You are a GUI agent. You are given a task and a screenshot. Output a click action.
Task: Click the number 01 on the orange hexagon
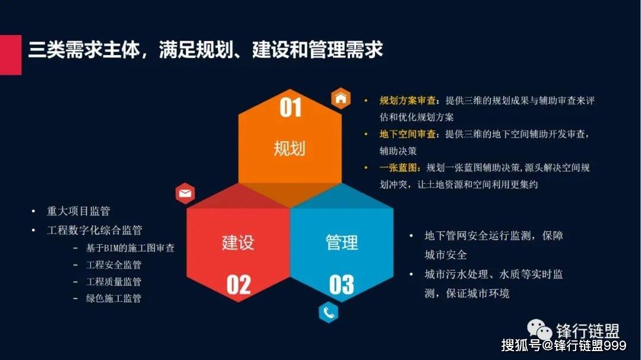pos(290,109)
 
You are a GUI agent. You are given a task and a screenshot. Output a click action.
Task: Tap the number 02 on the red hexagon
pos(238,285)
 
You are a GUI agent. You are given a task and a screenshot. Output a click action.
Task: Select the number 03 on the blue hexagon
pos(341,285)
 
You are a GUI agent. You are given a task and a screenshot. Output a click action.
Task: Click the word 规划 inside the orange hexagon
pos(290,148)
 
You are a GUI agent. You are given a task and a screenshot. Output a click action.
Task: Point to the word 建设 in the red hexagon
pos(238,242)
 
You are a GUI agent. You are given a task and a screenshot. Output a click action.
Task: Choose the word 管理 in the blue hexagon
pos(342,242)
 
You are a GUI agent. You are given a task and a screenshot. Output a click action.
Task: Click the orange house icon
pos(341,98)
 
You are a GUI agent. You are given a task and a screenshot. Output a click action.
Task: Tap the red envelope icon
pos(185,193)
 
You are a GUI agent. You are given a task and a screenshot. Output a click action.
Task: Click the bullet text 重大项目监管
pos(78,211)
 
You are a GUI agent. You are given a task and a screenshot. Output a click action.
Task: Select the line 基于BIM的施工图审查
pos(130,248)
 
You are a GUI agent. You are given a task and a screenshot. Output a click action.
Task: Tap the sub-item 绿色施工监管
pos(114,298)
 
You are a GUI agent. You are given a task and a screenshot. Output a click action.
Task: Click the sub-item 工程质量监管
pos(114,282)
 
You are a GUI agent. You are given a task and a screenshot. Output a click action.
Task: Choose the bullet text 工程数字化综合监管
pos(94,230)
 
